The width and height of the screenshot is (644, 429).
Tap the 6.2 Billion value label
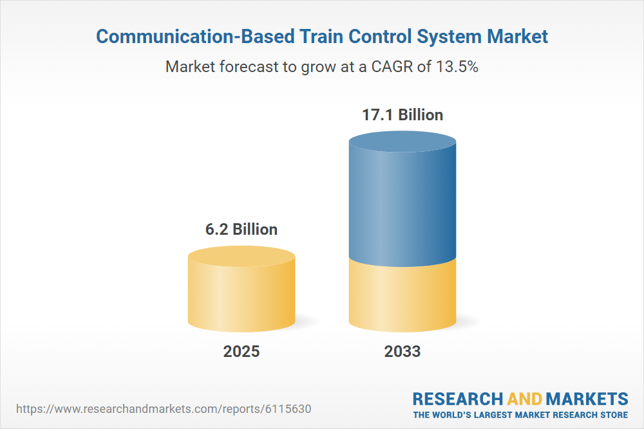(x=241, y=230)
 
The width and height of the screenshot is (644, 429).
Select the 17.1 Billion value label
(x=402, y=116)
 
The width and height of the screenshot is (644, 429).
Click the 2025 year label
(x=241, y=352)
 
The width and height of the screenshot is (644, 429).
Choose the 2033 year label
(x=402, y=352)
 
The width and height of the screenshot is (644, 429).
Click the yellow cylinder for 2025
(x=241, y=293)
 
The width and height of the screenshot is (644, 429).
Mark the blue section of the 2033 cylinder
(x=402, y=206)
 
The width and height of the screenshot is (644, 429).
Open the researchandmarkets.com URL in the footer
(x=167, y=409)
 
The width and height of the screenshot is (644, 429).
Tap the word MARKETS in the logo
(x=587, y=399)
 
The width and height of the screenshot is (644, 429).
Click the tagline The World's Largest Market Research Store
(x=520, y=415)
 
